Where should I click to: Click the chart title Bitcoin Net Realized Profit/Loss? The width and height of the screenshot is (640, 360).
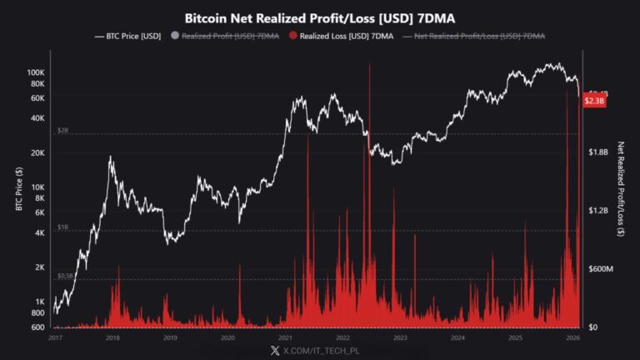pyautogui.click(x=320, y=17)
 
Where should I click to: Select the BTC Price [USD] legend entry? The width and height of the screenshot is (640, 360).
pyautogui.click(x=128, y=36)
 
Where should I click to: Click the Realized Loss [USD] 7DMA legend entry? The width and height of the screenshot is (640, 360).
pyautogui.click(x=341, y=36)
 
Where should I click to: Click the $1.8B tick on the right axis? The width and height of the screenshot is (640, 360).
pyautogui.click(x=598, y=152)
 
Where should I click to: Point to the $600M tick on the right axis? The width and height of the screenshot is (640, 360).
pyautogui.click(x=600, y=268)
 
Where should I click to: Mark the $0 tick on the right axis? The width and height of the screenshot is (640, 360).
pyautogui.click(x=592, y=327)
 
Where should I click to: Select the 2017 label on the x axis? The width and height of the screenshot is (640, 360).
pyautogui.click(x=55, y=338)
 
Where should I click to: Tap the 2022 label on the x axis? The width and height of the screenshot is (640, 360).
pyautogui.click(x=342, y=338)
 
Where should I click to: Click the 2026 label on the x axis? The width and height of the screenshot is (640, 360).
pyautogui.click(x=573, y=338)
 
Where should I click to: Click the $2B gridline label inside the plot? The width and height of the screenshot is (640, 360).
pyautogui.click(x=62, y=131)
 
